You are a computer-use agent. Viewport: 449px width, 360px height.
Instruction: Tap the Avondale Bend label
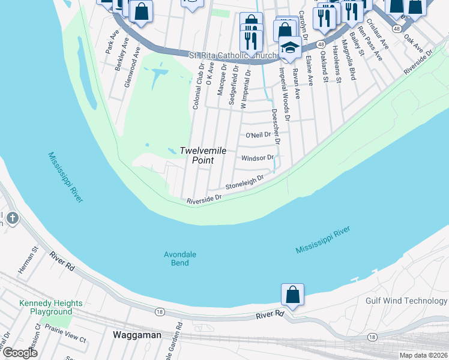(x=179, y=259)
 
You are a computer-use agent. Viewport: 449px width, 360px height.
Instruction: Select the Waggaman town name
(x=137, y=335)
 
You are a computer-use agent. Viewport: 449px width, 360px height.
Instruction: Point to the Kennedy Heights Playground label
(x=46, y=307)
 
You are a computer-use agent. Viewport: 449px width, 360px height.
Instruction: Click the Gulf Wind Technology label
(x=406, y=301)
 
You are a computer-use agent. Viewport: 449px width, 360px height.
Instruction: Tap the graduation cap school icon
(x=290, y=48)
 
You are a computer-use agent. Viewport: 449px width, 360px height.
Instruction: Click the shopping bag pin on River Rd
(x=292, y=296)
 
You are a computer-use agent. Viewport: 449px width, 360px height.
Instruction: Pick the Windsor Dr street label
(x=257, y=158)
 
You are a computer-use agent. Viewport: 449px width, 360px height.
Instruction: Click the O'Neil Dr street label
(x=259, y=135)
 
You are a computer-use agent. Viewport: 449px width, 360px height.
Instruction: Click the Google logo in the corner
(x=20, y=352)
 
